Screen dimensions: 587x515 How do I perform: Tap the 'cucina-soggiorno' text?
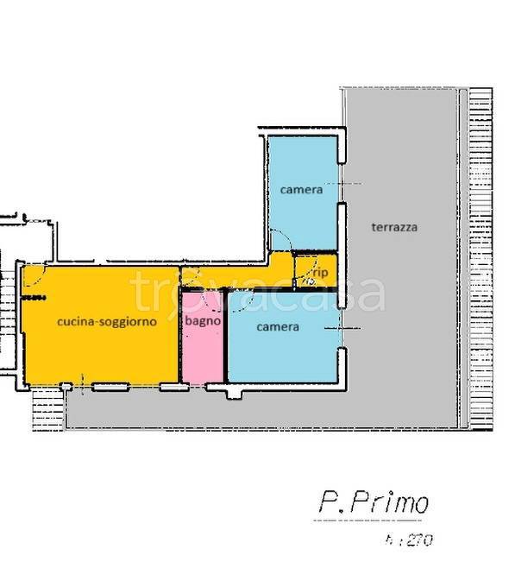click(106, 321)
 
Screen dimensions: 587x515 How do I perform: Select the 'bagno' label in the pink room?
click(203, 320)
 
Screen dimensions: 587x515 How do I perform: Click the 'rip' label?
click(320, 272)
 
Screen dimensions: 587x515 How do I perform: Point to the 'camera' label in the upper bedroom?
click(300, 189)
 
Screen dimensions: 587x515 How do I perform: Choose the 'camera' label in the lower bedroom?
click(278, 327)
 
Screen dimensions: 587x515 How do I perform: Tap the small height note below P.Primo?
click(411, 541)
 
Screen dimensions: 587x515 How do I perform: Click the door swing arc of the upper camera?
click(279, 241)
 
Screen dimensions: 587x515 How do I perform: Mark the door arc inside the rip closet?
click(308, 280)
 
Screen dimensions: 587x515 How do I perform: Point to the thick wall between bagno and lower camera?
click(225, 337)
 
